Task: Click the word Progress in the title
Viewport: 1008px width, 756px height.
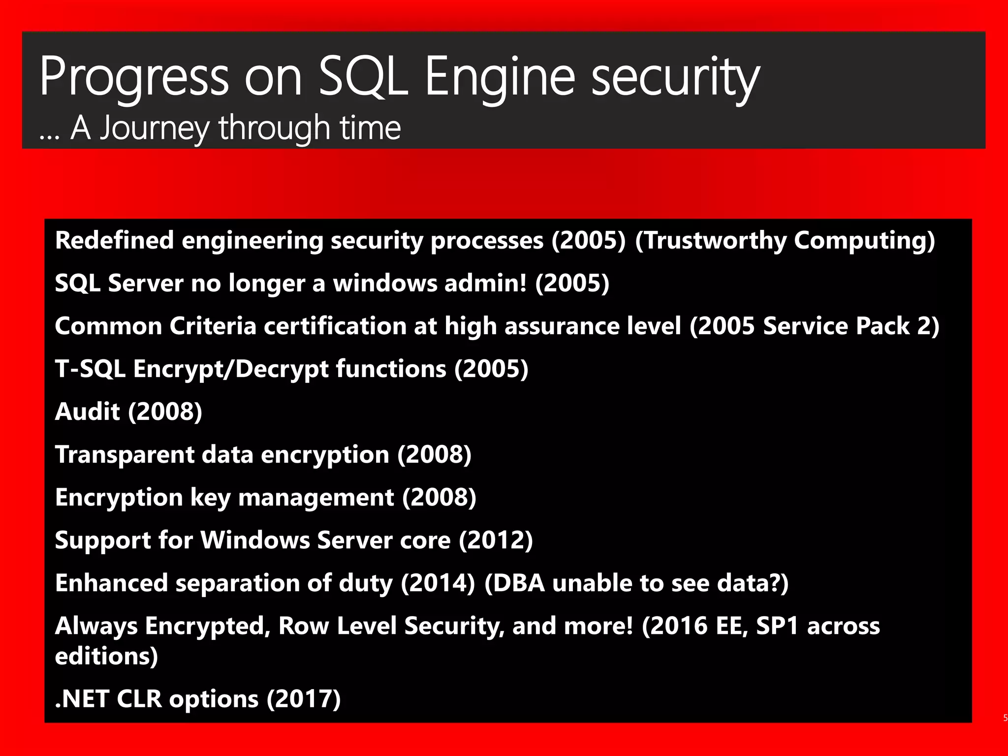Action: [x=134, y=77]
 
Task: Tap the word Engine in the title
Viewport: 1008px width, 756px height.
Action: [x=499, y=77]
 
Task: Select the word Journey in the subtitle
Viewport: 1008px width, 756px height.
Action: [x=155, y=128]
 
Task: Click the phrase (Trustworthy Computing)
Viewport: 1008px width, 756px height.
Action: [x=785, y=241]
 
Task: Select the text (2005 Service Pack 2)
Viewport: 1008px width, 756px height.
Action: [x=814, y=326]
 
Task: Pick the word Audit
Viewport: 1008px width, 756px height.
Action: [x=87, y=412]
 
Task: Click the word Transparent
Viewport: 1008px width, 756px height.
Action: [x=125, y=455]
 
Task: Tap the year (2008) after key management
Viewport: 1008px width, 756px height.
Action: [x=439, y=498]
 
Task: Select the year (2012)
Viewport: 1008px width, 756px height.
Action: [x=496, y=540]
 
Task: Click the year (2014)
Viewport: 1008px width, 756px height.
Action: [x=438, y=583]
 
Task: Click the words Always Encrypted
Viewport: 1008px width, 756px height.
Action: [x=163, y=626]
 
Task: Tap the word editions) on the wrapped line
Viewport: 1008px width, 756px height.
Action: [x=106, y=657]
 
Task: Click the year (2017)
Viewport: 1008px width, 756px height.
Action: [x=304, y=699]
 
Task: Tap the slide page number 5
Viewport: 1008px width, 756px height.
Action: [x=1005, y=718]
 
